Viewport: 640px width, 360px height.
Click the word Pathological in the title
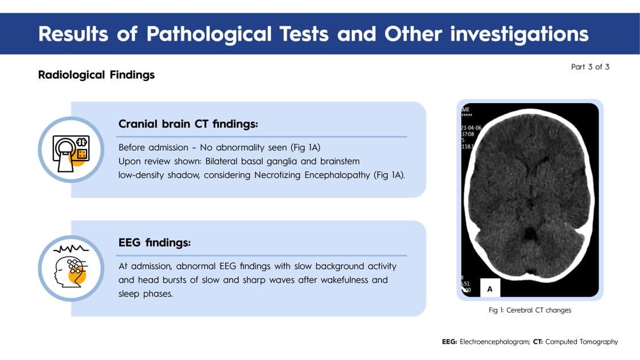coord(209,34)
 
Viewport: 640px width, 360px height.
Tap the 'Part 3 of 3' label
coord(590,66)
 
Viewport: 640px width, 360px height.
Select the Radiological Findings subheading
coord(96,75)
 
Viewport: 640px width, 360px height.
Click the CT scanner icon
coord(71,154)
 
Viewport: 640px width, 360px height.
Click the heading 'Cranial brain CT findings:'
coord(188,124)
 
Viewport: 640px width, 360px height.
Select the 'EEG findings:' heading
coord(154,242)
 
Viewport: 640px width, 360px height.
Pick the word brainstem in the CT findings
coord(340,161)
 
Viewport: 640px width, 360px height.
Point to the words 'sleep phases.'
coord(146,294)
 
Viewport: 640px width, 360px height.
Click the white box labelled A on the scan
coord(490,288)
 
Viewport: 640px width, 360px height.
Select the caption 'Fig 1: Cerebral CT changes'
coord(530,310)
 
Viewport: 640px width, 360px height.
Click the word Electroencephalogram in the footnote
coord(494,342)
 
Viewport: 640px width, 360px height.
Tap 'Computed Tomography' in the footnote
coord(582,342)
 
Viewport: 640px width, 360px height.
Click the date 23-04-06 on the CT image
coord(472,128)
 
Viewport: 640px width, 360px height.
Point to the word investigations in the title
coord(520,34)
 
